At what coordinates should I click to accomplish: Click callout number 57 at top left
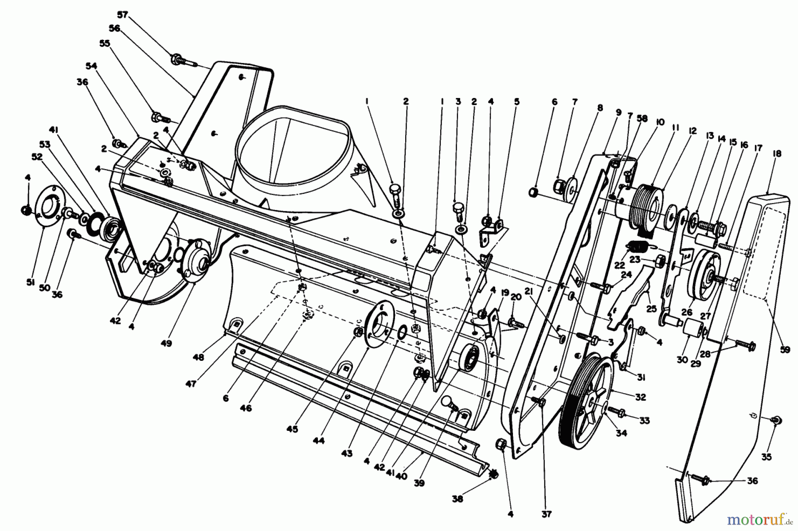[x=122, y=15]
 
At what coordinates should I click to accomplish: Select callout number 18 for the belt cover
[x=777, y=154]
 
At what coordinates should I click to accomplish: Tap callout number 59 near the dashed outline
[x=785, y=350]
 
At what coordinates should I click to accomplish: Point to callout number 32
[x=640, y=397]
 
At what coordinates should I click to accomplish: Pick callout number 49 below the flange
[x=167, y=343]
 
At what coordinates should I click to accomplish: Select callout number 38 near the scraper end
[x=457, y=499]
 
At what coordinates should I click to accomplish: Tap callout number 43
[x=347, y=453]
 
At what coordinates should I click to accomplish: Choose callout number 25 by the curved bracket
[x=651, y=309]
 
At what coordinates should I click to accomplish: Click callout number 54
[x=91, y=66]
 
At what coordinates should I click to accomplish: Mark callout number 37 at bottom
[x=546, y=514]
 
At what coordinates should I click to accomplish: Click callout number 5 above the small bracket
[x=516, y=102]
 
